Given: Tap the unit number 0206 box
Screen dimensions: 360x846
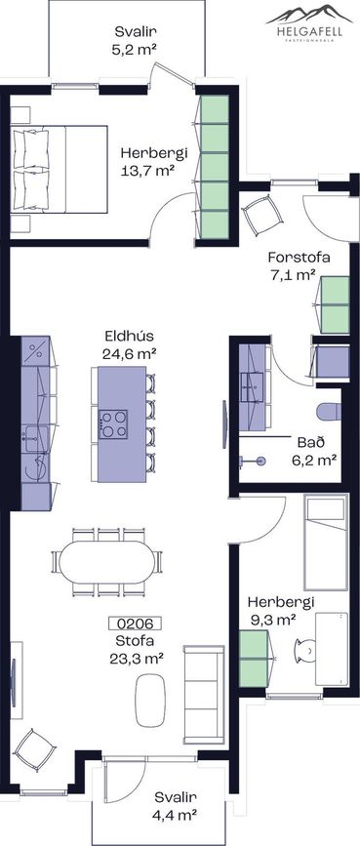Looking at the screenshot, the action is coord(135,624).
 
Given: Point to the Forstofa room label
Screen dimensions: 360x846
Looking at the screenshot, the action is coord(299,257).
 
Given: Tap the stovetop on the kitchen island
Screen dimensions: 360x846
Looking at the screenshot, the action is coord(113,424).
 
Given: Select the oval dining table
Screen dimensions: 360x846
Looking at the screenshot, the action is coord(107,562).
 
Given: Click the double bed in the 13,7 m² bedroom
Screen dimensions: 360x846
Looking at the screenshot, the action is coord(60,169).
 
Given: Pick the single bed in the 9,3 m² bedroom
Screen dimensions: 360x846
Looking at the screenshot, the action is coord(326,544).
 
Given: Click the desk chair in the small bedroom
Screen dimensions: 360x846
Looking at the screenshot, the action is coord(305,650).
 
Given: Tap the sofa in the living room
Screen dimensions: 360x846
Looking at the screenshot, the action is coord(204,695).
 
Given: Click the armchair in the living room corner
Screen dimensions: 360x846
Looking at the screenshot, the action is coord(34,750).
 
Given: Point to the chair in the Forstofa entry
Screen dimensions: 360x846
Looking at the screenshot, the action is coord(262,215).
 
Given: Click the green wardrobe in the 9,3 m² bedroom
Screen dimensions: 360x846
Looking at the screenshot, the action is coord(254,659).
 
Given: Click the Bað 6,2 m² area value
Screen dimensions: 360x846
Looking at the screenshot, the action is coord(317,460).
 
